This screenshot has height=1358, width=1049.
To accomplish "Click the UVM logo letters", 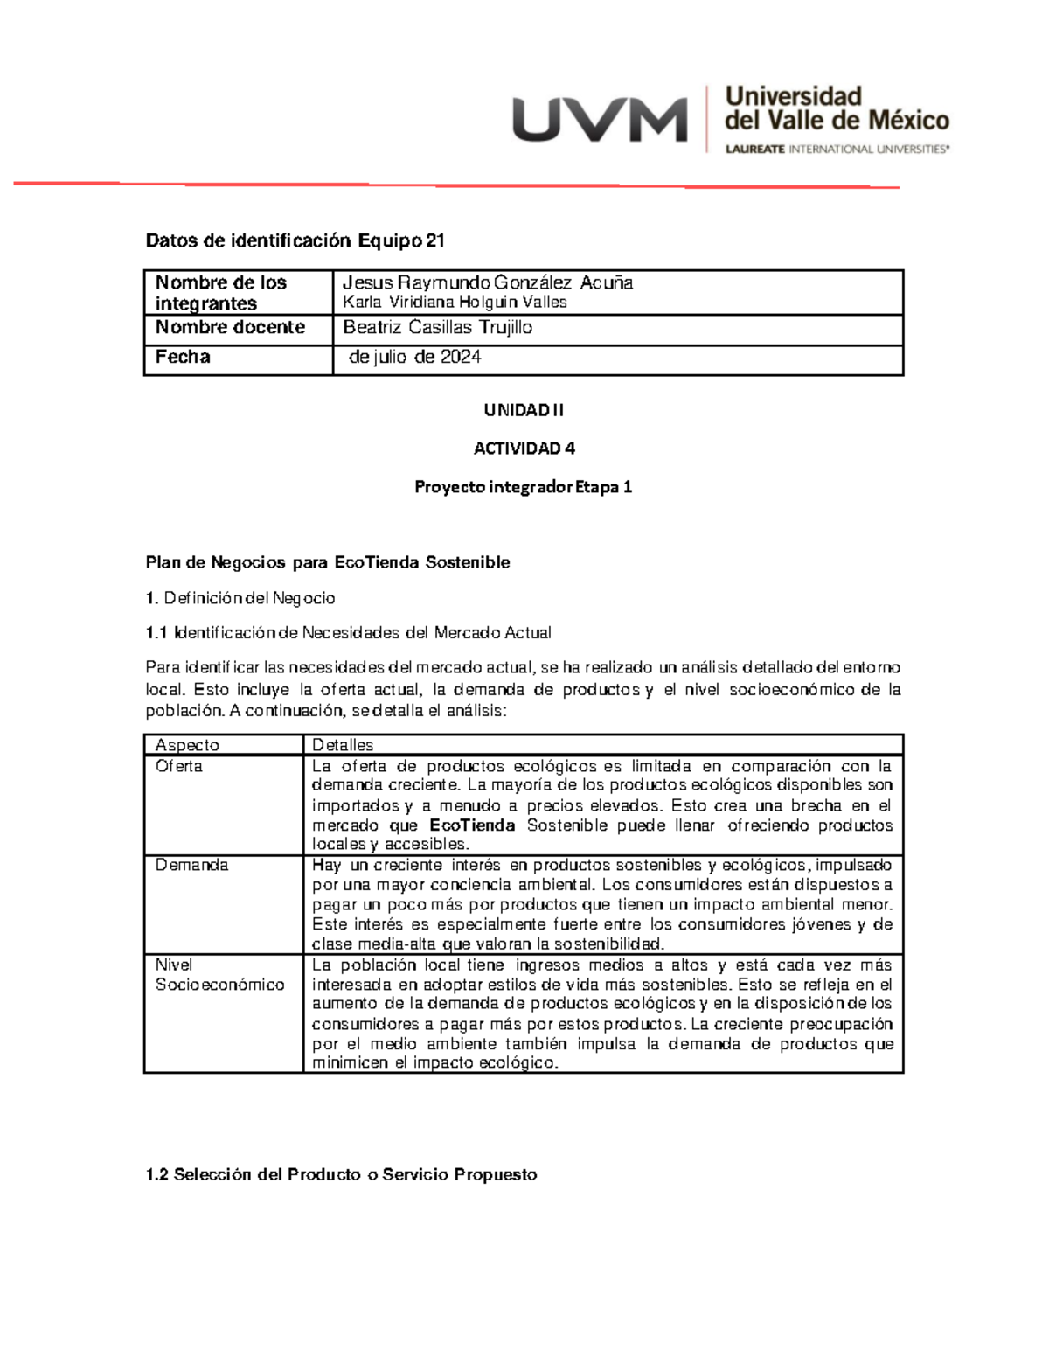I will point(600,120).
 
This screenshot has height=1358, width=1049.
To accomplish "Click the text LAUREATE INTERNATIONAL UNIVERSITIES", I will point(837,150).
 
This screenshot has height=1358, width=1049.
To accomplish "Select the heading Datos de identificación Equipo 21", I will point(295,240).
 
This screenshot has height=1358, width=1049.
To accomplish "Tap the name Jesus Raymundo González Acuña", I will point(488,282).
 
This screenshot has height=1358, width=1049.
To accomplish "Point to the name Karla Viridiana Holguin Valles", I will point(455,303).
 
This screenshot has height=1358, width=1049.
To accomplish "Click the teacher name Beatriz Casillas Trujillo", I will point(437,327).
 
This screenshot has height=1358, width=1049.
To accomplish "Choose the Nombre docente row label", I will point(230,327).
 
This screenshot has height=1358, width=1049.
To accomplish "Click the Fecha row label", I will point(183,357).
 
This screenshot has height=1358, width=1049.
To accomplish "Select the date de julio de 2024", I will point(414,357).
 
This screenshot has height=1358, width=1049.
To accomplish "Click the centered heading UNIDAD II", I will point(524,410).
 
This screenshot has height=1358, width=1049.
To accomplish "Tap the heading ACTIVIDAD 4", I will point(524,449).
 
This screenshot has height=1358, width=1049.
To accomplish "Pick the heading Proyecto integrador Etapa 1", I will point(523,487).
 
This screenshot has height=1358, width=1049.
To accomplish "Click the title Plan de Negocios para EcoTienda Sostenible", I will point(328,562).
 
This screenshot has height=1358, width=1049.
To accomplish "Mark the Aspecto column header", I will point(187,745).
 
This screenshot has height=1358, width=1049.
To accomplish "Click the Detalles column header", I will point(343,745).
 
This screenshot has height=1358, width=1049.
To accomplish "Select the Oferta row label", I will point(178,766).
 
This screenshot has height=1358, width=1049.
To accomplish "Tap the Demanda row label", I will point(191,865).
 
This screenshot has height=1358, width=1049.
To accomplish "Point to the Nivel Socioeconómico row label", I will point(219,974).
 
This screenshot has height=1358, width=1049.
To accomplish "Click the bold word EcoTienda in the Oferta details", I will point(472,825).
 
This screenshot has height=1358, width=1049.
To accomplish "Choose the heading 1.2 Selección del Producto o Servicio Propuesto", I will point(341,1174).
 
